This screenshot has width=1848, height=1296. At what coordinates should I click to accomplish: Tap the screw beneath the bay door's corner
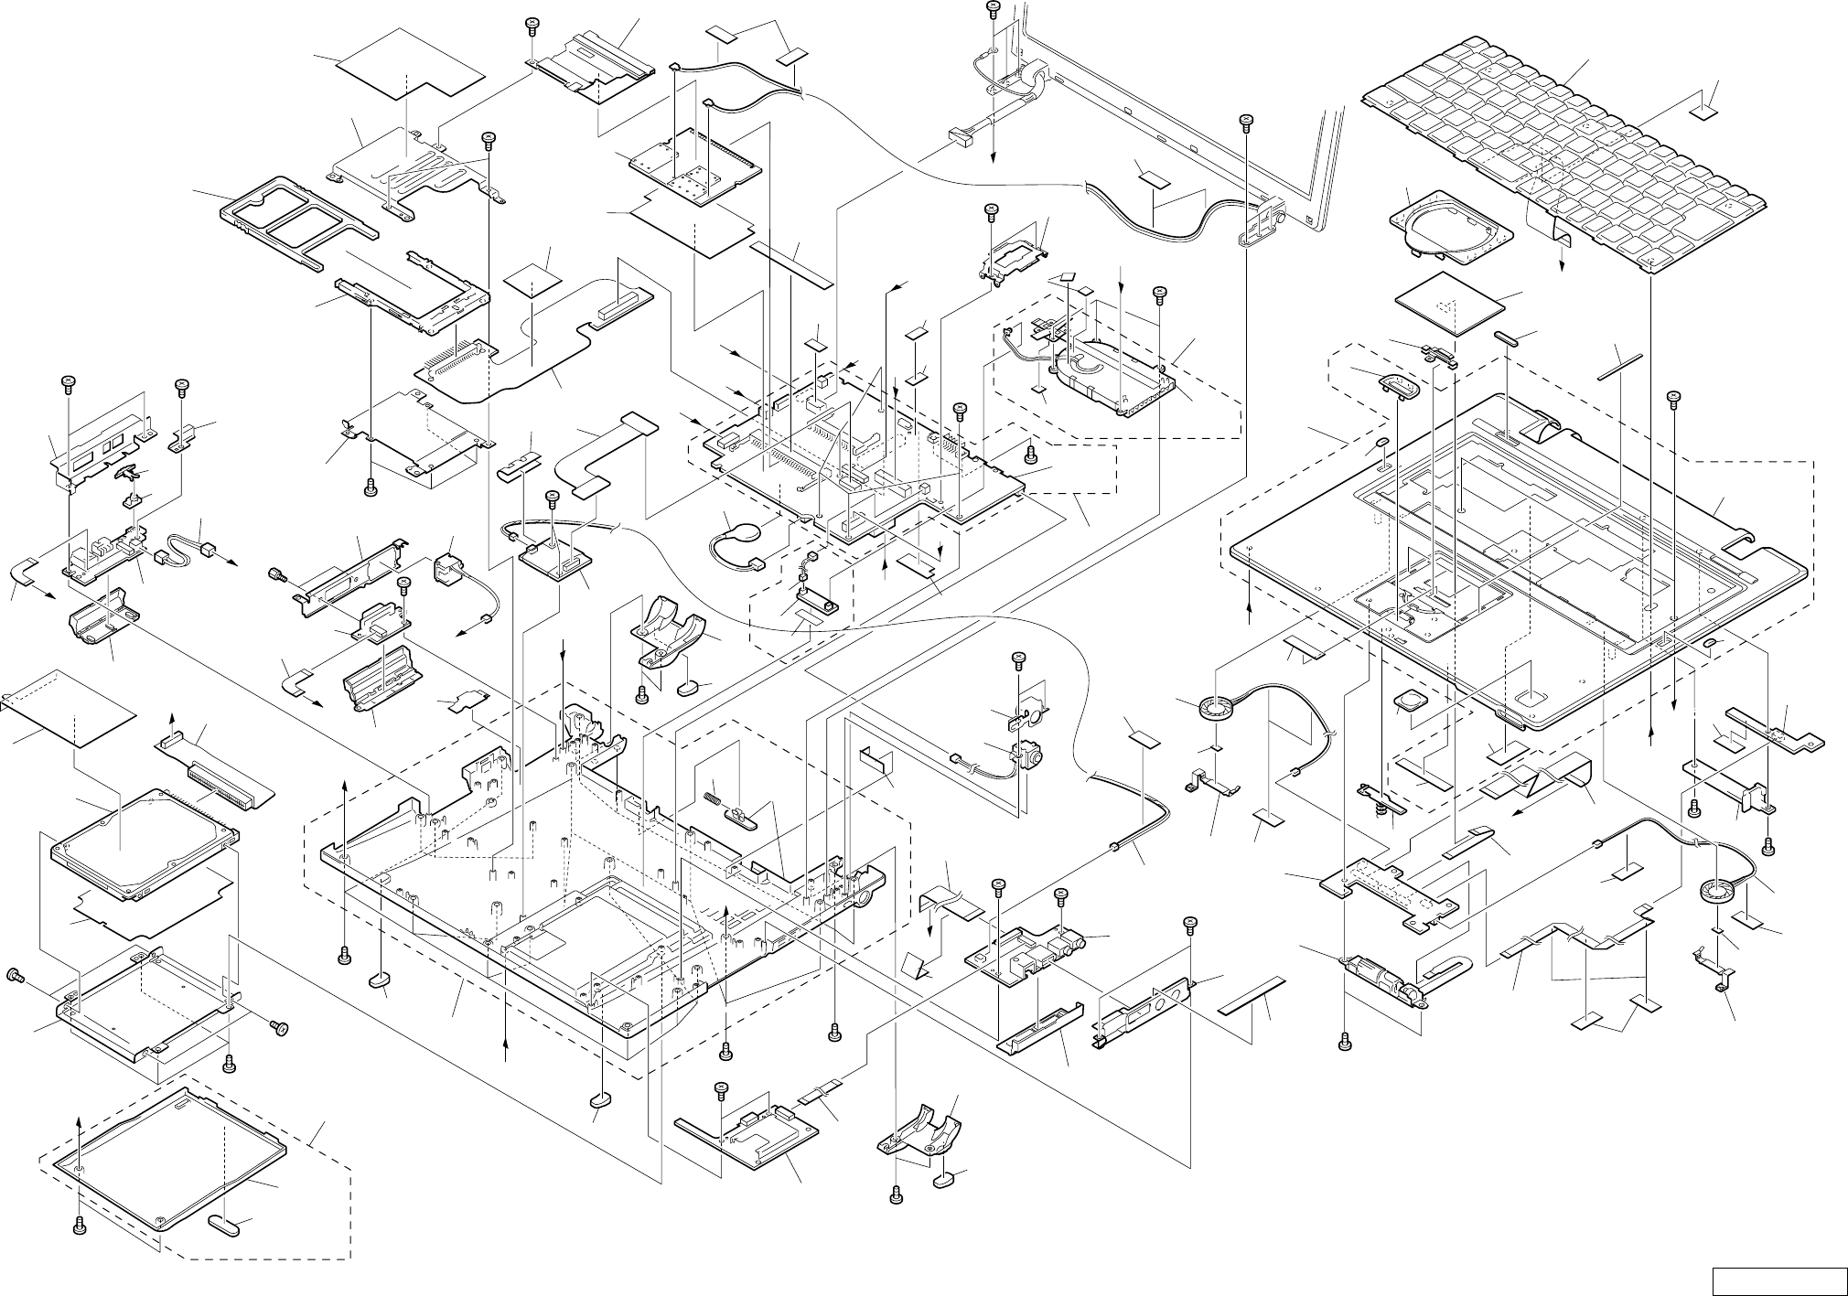click(x=81, y=1225)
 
